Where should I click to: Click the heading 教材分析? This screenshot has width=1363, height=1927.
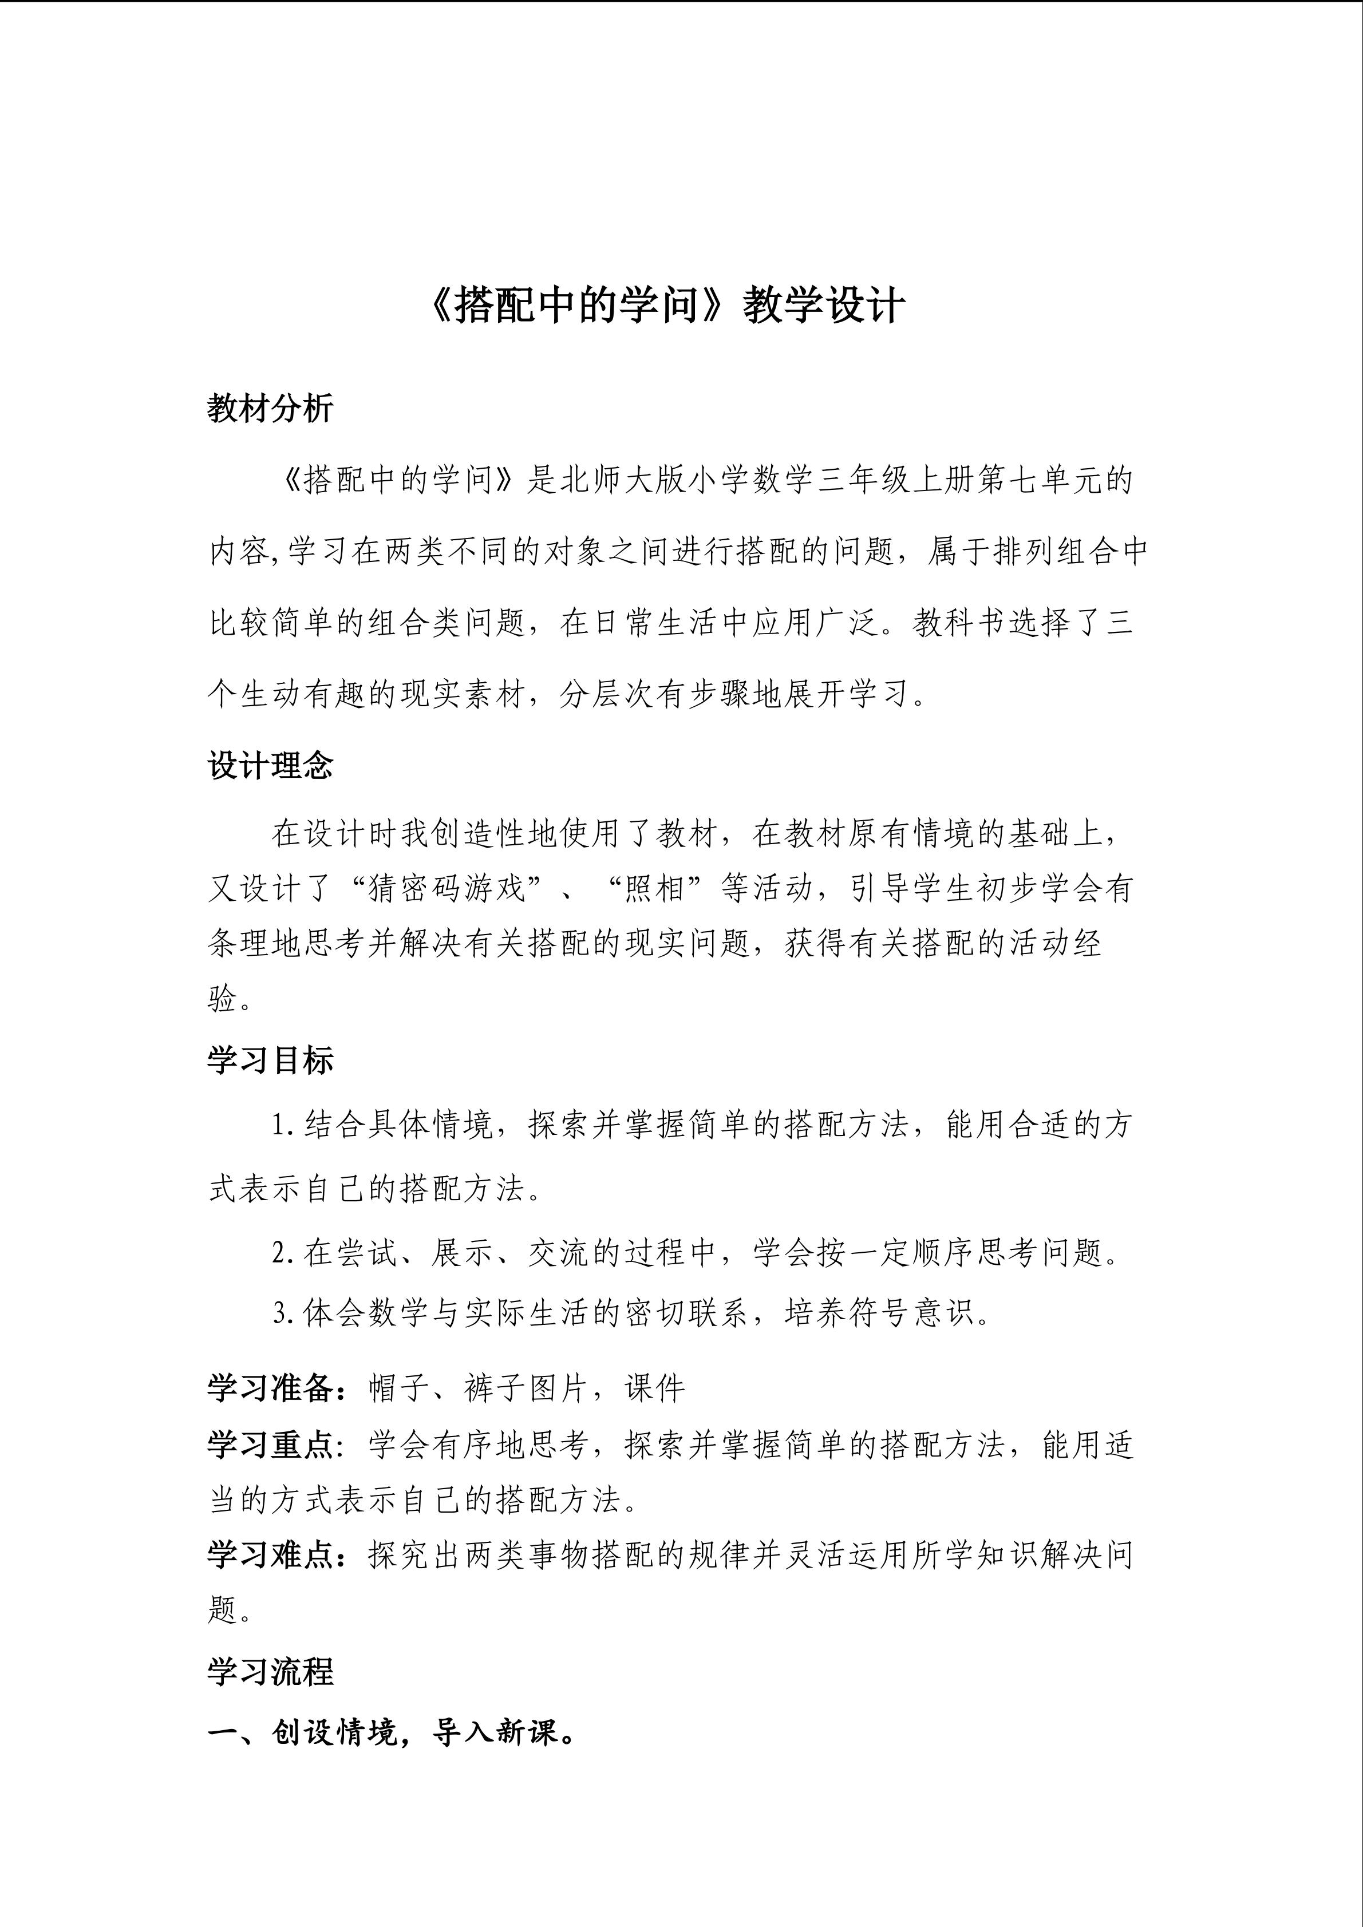(x=270, y=409)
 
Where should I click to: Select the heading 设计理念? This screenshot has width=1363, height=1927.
(x=270, y=765)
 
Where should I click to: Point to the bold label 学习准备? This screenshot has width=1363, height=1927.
(x=270, y=1389)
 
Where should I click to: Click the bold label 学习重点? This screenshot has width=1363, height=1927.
(x=270, y=1445)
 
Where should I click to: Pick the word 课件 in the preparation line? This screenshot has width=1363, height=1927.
(x=655, y=1389)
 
